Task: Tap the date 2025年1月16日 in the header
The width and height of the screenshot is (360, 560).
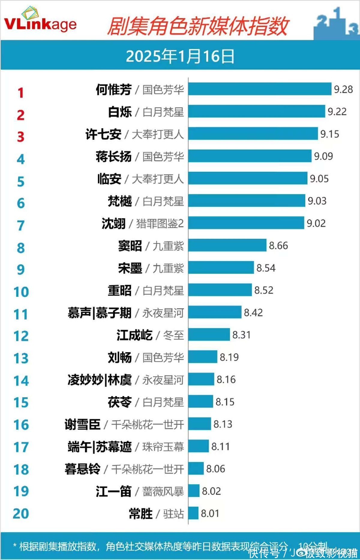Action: [x=180, y=56]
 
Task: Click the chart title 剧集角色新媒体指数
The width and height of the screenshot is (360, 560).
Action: [x=198, y=26]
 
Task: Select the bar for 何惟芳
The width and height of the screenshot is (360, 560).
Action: [x=260, y=89]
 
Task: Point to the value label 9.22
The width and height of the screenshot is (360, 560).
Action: [x=337, y=112]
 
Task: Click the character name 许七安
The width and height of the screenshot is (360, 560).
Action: [x=103, y=134]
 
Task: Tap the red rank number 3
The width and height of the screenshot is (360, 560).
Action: [x=20, y=137]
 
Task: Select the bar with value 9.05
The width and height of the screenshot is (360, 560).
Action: [x=248, y=178]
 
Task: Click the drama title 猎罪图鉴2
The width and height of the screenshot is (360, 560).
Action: [x=160, y=223]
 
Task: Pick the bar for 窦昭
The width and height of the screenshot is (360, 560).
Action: [x=227, y=245]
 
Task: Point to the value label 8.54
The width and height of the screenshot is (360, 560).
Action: [x=266, y=268]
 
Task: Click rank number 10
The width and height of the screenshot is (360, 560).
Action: [x=21, y=292]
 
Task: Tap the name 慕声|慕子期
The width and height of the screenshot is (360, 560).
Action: [x=100, y=313]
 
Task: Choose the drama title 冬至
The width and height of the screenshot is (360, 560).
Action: [x=173, y=335]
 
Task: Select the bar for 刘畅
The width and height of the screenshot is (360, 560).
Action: [x=203, y=357]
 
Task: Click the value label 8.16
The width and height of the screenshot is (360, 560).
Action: [x=226, y=379]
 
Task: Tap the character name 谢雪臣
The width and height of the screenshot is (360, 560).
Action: [x=82, y=424]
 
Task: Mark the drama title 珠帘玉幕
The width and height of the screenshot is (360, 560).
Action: [x=163, y=447]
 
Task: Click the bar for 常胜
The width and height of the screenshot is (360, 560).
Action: [x=193, y=513]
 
